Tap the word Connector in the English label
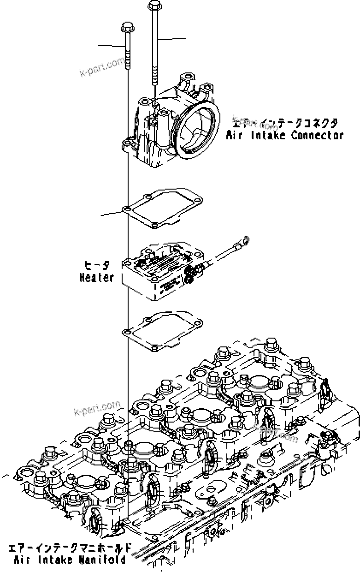318,136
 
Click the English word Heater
96,278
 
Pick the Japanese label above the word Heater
97,266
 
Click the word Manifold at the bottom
103,560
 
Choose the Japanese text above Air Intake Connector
286,123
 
